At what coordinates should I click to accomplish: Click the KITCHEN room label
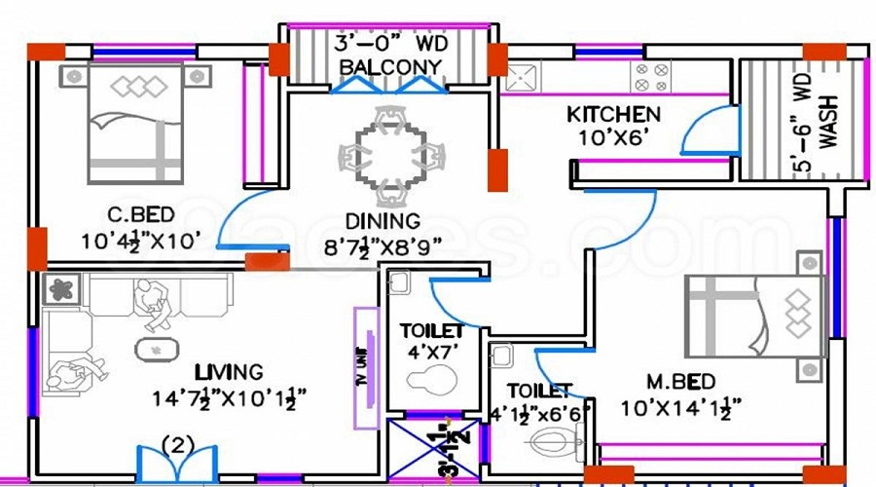[613, 115]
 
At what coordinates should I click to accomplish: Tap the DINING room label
[383, 222]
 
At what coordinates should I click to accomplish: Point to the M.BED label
[680, 381]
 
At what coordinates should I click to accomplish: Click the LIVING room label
[228, 371]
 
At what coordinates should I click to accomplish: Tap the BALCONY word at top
[389, 67]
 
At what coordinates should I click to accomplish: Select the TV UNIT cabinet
[366, 368]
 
